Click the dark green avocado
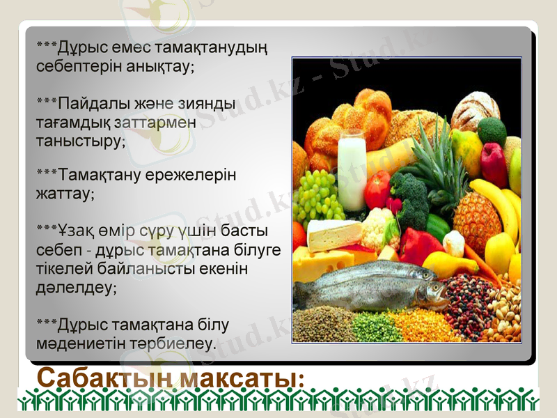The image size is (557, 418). tap(492, 130)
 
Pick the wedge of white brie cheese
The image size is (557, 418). tap(334, 235)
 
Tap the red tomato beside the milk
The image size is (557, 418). tap(377, 189)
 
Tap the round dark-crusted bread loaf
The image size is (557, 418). tap(475, 109)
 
